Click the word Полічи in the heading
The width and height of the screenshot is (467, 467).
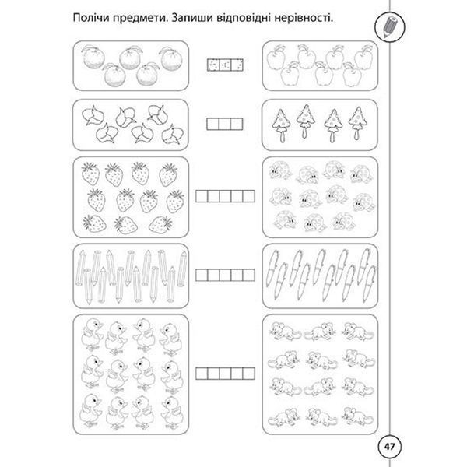click(91, 18)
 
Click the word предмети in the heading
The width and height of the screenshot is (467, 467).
click(139, 18)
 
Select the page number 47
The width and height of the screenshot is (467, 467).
click(389, 447)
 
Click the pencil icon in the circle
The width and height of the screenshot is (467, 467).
click(390, 26)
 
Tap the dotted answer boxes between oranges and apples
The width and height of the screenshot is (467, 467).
click(225, 65)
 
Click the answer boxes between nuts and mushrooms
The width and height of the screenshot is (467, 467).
click(225, 124)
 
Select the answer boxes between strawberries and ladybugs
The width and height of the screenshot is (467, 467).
click(225, 196)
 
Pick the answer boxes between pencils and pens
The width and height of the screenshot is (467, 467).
click(225, 275)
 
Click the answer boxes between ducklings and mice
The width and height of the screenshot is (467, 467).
click(225, 374)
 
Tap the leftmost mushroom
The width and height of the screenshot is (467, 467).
click(281, 125)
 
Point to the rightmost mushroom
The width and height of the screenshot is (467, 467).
click(358, 123)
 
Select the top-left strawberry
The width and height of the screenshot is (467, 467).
click(90, 174)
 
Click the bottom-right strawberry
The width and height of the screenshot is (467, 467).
click(160, 224)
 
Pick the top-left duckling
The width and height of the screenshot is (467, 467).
click(93, 334)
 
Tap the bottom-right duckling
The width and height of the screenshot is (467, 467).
click(171, 413)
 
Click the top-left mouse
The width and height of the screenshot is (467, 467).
click(285, 331)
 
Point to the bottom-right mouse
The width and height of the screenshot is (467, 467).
click(357, 416)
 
